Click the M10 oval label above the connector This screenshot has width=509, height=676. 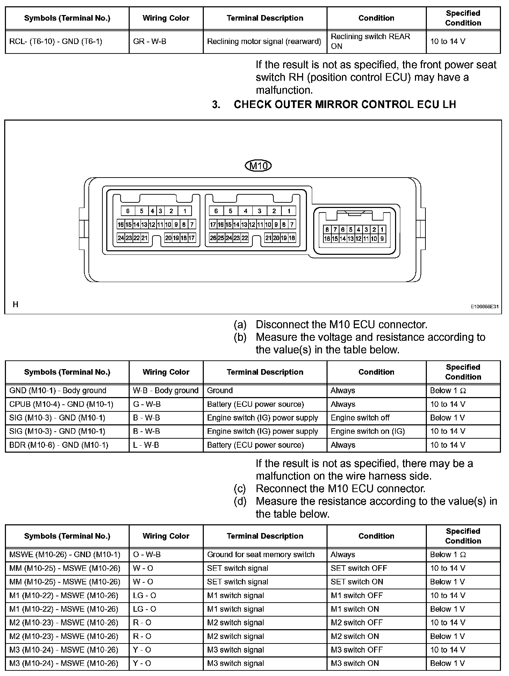pos(258,165)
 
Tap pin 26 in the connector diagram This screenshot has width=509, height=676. pos(213,238)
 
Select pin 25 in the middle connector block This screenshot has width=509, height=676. pos(221,238)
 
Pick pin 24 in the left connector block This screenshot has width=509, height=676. pos(121,238)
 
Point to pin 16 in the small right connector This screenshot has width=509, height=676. pos(327,239)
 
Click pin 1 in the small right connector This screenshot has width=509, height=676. pos(382,230)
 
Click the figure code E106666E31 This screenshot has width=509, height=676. pos(484,307)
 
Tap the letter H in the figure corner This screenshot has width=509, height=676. pos(15,304)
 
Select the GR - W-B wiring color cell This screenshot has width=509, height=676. pos(150,41)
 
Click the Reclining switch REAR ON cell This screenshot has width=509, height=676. pos(370,41)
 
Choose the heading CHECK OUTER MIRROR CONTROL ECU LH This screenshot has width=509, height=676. pos(345,105)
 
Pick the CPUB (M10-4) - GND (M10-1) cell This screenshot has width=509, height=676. pos(62,404)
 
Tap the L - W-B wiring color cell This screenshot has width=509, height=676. pos(146,445)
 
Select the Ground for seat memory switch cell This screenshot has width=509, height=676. pos(261,554)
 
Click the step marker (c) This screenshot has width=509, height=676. pos(240,488)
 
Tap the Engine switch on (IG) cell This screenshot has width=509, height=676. pos(368,431)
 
